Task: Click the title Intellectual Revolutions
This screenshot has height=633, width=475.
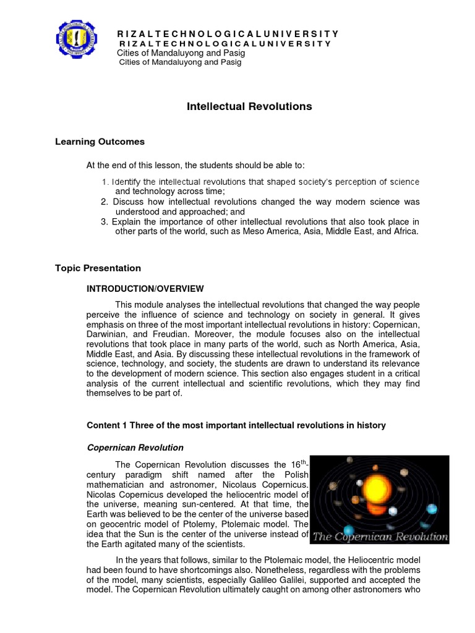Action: [249, 106]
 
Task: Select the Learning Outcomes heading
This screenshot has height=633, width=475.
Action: [100, 142]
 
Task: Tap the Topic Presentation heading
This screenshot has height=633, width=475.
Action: [98, 268]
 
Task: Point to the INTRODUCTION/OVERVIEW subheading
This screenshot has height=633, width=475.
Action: [145, 289]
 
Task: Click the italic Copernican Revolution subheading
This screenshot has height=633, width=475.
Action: [135, 448]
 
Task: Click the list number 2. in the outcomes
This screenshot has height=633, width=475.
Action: [104, 202]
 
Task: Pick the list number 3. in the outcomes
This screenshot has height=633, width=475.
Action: [104, 222]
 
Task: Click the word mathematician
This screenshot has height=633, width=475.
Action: [118, 484]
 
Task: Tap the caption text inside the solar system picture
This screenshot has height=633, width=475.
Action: [380, 537]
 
